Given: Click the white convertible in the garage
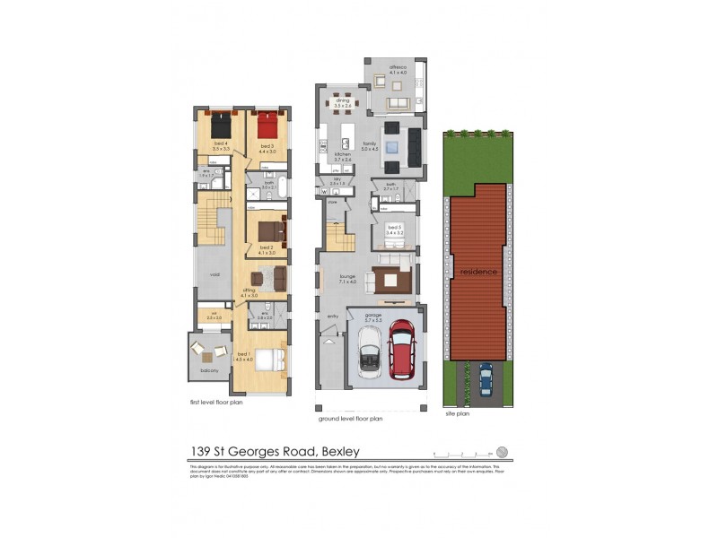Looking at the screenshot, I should [x=370, y=351].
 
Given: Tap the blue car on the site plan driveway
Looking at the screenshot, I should [x=486, y=378].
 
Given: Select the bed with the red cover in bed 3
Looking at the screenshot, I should [x=267, y=125].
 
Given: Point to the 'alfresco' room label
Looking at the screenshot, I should [x=398, y=67].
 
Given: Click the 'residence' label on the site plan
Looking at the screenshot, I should [x=478, y=271].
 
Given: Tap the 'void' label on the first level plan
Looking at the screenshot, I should [x=215, y=275].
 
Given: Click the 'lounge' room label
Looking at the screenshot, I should [x=346, y=277].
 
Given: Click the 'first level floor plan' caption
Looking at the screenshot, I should [x=215, y=403].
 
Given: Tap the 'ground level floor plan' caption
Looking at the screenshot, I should [x=351, y=418].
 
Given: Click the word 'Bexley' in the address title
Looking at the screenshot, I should [x=337, y=452].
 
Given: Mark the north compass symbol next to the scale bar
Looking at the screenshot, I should [x=502, y=452].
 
